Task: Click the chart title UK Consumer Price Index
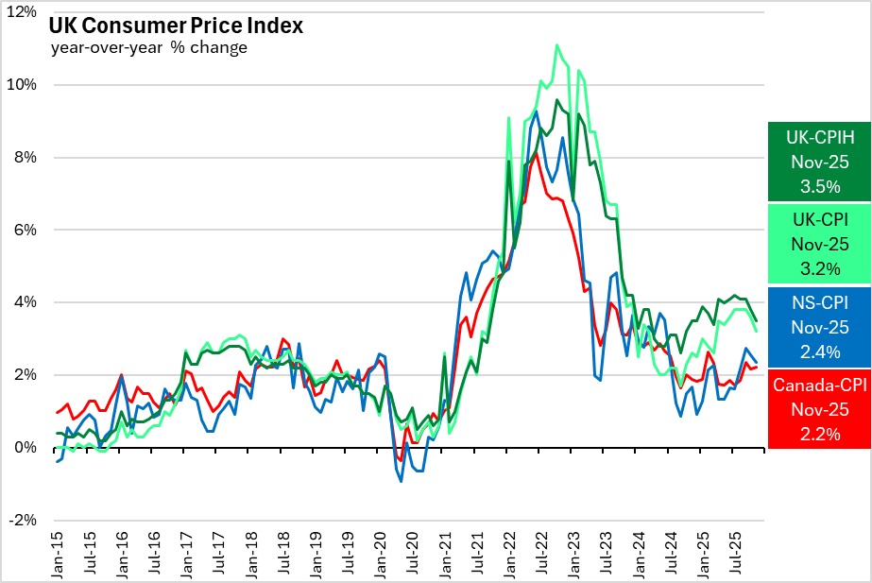pos(176,26)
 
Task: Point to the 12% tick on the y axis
pos(23,12)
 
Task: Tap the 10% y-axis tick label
pos(23,85)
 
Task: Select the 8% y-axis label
pos(26,158)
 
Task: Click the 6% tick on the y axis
pos(26,230)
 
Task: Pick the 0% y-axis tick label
pos(26,448)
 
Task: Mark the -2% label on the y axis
pos(24,521)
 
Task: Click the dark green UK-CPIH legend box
pos(818,162)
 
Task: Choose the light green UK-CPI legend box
pos(818,244)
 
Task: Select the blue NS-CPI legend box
pos(818,327)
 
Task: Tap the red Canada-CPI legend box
pos(818,408)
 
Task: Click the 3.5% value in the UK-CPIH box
pos(818,186)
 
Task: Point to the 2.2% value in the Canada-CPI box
pos(818,434)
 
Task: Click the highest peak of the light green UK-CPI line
pos(556,44)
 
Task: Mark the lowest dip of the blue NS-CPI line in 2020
pos(401,481)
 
